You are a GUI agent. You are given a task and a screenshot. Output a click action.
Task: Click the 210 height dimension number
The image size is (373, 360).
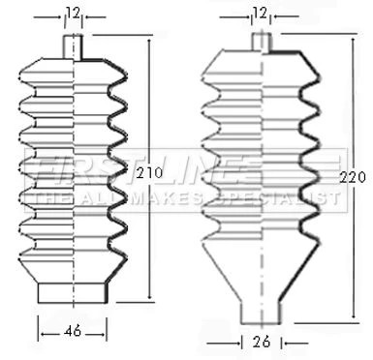(149, 173)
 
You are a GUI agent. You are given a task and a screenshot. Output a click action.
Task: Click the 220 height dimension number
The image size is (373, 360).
(353, 177)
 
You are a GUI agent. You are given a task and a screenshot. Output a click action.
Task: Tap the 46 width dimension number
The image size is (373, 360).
(73, 331)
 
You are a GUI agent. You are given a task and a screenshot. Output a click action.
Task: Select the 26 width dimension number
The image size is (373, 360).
(262, 342)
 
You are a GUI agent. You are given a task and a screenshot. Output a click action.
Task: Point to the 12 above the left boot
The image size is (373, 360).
(74, 14)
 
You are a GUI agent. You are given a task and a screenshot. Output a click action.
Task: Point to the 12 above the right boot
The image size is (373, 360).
(260, 14)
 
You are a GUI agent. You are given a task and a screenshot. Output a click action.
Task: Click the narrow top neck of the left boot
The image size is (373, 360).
(73, 46)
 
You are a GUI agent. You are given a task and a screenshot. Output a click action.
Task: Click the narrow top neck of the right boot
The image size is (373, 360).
(261, 42)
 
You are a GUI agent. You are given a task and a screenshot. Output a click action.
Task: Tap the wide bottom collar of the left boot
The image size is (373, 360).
(73, 293)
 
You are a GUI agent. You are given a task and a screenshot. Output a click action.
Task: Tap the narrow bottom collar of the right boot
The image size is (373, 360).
(261, 313)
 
